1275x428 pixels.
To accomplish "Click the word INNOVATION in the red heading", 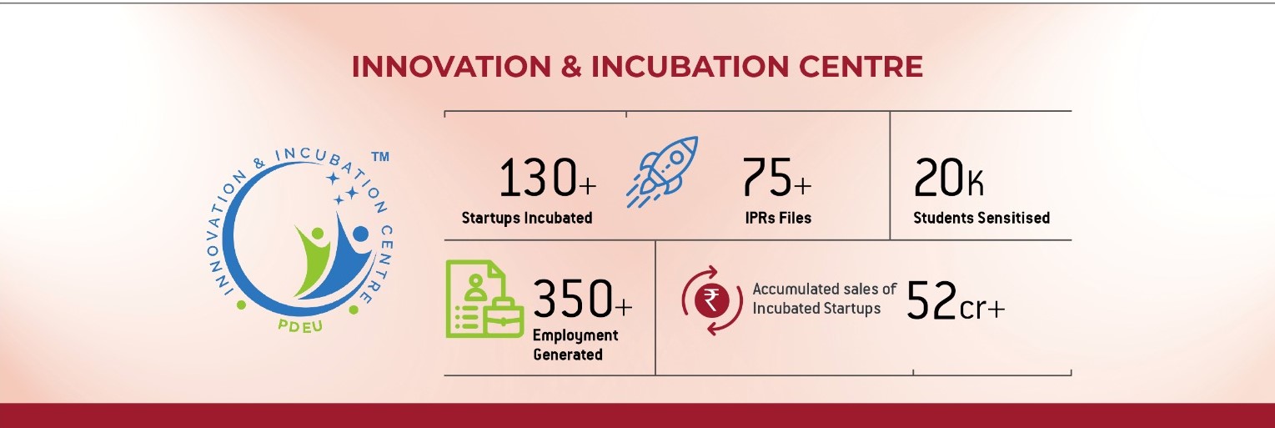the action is (451, 67).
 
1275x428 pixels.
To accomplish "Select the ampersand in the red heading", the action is (571, 67).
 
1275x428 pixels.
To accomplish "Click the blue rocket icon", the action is (662, 172).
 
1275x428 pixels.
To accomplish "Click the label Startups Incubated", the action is (526, 218).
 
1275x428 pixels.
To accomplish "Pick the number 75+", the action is (776, 178).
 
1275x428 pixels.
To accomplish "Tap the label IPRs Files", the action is (778, 218).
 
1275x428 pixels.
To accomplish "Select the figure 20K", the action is (948, 178).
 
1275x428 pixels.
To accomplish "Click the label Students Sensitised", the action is (981, 218).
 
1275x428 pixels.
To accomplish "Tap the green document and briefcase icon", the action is (484, 299).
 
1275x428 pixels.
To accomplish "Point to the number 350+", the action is (582, 298).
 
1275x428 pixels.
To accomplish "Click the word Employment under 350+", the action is (575, 335).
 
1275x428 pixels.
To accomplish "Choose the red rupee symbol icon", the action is (711, 300).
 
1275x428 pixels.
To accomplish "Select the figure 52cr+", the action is (956, 300).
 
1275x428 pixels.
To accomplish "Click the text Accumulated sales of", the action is (824, 290).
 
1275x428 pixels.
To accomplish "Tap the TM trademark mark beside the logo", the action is (380, 157).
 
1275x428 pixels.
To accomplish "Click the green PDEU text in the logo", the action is (300, 325).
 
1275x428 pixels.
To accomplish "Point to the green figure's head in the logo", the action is (317, 234).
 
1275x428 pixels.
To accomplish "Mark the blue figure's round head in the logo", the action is (361, 234).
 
